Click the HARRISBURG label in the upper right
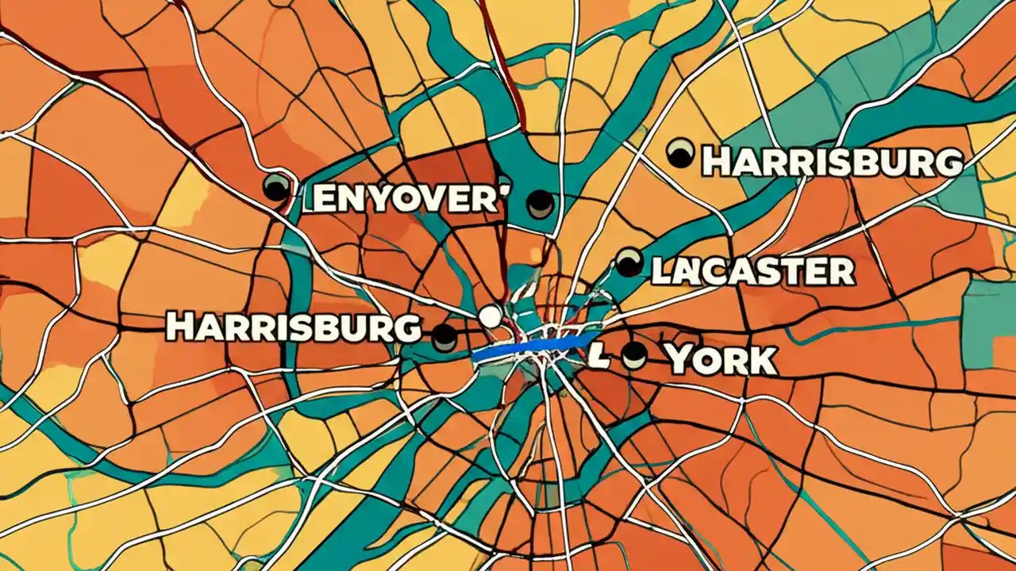pos(832,162)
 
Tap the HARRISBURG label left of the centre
pos(293,327)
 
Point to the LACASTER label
pos(752,271)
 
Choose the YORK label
pos(721,360)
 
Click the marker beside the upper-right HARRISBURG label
pos(679,153)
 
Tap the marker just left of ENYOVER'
pos(276,187)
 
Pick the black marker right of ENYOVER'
pos(540,204)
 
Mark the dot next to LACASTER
pos(629,263)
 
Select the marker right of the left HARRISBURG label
pos(444,337)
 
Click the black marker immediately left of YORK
pos(633,355)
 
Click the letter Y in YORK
pos(682,360)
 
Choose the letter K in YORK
pos(760,360)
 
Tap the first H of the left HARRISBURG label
pos(179,327)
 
